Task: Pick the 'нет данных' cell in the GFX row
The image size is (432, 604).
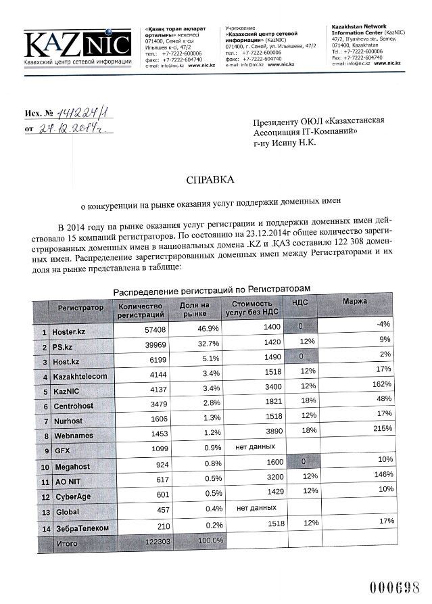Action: click(255, 447)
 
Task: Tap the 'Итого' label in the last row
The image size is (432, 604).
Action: click(67, 543)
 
